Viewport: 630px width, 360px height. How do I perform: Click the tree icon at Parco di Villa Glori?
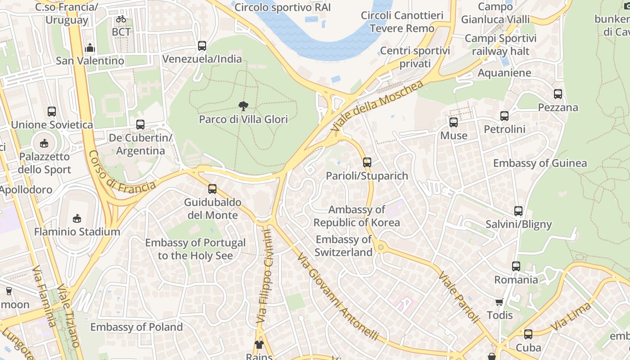243,106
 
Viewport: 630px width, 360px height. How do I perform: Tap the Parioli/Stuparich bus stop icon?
367,162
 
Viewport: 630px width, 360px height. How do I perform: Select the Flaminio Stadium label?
77,232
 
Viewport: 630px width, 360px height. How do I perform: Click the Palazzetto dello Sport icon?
44,144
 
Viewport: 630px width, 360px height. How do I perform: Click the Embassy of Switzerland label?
343,246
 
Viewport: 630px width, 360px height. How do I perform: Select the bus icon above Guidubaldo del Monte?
212,189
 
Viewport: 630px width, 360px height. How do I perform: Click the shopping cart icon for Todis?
499,302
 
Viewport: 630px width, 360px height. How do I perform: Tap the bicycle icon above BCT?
121,19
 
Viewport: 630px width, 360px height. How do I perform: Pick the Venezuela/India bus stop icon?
202,45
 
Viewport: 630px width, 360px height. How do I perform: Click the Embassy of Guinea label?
540,163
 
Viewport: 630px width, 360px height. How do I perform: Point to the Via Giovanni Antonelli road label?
337,297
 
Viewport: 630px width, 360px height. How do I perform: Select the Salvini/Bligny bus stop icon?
518,211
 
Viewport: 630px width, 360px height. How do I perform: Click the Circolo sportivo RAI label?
283,7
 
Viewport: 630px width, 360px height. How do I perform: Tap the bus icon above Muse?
454,122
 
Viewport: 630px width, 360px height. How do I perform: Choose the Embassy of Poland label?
137,327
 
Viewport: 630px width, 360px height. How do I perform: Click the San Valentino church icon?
90,47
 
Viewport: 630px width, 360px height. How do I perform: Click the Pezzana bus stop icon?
558,94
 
